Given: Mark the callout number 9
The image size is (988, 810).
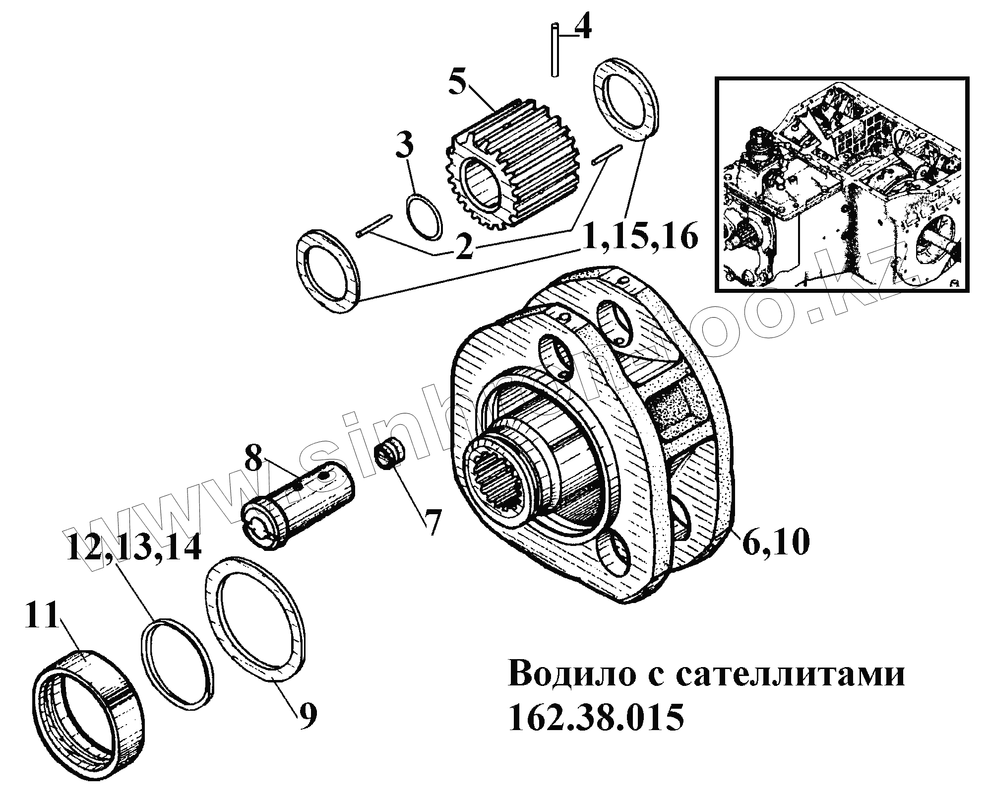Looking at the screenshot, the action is click(x=308, y=715).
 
